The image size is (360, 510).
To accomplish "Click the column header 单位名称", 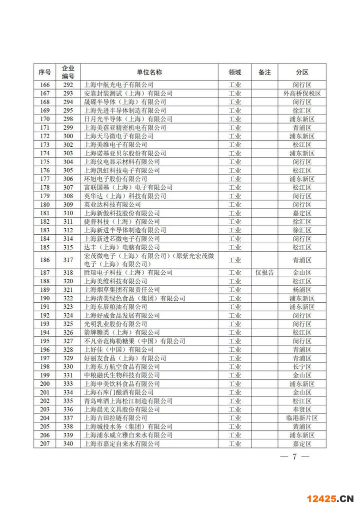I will click(149, 72).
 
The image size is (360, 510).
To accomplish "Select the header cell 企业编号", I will click(68, 72).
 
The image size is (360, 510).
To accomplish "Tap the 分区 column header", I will click(302, 72).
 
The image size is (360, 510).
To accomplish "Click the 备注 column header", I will click(264, 72).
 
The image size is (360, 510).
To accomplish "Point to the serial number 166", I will click(44, 85).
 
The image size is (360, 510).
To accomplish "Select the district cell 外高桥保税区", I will click(302, 93).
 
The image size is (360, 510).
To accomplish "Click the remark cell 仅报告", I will click(264, 273).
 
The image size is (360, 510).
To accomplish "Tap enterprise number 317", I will click(68, 260).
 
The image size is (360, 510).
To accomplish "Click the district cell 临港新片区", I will click(302, 418).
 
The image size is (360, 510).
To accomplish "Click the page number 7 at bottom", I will click(294, 456).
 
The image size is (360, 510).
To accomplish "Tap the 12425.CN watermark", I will click(329, 498).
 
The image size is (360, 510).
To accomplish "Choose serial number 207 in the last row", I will click(44, 443).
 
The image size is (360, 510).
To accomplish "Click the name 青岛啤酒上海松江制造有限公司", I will click(128, 401).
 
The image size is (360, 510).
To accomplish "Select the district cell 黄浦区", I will click(302, 426).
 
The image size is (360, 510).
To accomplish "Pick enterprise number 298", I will click(68, 119).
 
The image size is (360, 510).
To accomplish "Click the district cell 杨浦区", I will click(302, 290).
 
